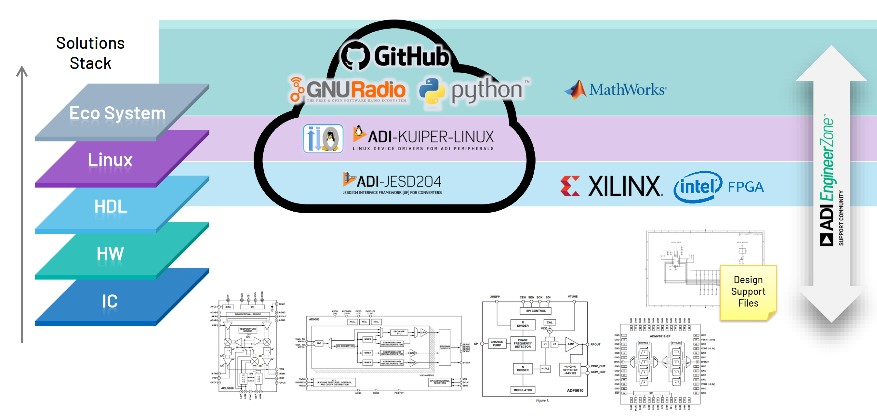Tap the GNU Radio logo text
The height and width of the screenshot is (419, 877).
355,90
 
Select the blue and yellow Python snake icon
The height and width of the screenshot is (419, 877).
432,91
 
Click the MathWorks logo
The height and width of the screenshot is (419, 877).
616,90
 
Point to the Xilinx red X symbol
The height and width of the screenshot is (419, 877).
570,186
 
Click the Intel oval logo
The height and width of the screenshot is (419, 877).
698,187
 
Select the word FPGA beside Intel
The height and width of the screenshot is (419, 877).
746,187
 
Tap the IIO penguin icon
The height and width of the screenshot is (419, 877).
323,138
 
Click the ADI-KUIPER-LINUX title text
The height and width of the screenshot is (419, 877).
430,137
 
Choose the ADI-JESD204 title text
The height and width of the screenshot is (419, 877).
398,181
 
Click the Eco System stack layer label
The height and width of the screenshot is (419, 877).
117,113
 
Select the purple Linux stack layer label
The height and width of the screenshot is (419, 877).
110,160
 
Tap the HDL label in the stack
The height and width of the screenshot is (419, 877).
111,207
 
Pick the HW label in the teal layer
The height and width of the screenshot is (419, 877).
110,254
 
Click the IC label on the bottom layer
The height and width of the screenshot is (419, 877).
110,301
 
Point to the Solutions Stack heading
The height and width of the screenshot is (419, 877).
90,53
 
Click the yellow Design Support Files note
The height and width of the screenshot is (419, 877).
748,292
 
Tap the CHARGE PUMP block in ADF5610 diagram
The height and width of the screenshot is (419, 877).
497,344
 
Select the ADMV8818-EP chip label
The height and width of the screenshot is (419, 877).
660,336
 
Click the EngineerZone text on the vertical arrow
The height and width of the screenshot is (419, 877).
827,160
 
